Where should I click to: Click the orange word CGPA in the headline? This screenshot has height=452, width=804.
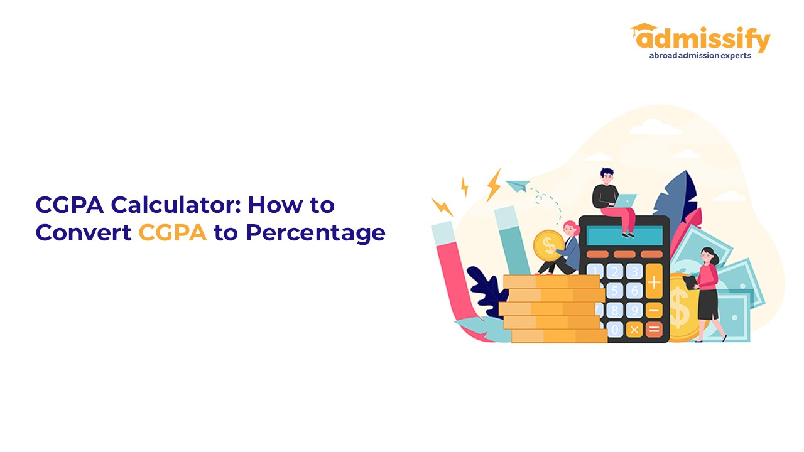173,233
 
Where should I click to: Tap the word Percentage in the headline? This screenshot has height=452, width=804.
315,234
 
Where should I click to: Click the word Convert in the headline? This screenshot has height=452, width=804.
84,233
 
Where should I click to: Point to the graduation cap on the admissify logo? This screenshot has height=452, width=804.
644,28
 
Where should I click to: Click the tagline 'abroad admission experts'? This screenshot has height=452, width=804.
700,56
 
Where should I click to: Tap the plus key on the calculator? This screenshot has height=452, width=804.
654,282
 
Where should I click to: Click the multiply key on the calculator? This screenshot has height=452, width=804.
634,330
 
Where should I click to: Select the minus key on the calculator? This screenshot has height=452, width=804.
654,310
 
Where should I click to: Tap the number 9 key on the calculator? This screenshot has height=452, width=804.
634,310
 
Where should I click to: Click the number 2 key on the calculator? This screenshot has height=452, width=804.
614,272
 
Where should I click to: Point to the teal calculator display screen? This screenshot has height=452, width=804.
624,235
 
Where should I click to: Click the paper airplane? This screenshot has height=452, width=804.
518,186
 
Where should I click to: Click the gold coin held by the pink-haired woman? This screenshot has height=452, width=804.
548,245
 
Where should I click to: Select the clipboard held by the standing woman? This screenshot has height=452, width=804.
690,282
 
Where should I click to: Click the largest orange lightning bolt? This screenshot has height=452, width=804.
494,185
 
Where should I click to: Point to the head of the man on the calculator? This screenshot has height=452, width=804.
607,176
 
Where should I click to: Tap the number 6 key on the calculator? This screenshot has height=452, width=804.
634,291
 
